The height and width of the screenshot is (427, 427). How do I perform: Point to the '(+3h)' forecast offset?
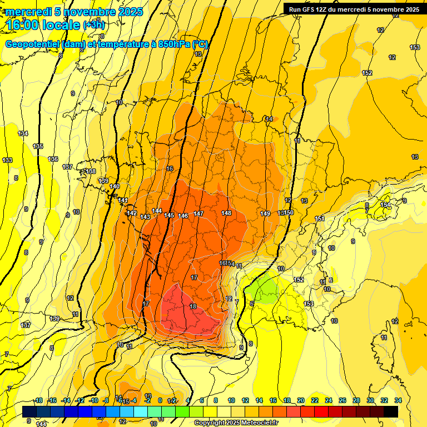click(93, 25)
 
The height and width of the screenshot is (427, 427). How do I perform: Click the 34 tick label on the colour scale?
click(398, 400)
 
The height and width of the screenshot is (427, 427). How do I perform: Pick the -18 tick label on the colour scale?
click(38, 400)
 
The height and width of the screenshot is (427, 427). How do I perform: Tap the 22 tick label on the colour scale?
click(315, 400)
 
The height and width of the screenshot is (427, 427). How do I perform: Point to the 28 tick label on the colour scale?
click(356, 400)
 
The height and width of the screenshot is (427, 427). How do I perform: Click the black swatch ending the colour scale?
click(391, 411)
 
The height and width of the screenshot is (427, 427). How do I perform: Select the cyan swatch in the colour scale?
click(141, 411)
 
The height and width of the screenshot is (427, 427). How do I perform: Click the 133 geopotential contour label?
click(7, 160)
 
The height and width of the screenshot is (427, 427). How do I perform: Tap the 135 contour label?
click(38, 146)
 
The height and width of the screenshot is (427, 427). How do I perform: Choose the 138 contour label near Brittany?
click(91, 171)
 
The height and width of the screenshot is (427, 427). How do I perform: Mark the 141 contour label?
click(123, 200)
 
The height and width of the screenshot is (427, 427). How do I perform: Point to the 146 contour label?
click(183, 216)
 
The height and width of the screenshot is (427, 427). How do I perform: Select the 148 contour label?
click(226, 213)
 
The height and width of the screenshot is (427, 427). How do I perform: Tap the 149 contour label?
click(265, 213)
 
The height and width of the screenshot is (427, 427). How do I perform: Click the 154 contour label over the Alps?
click(385, 205)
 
